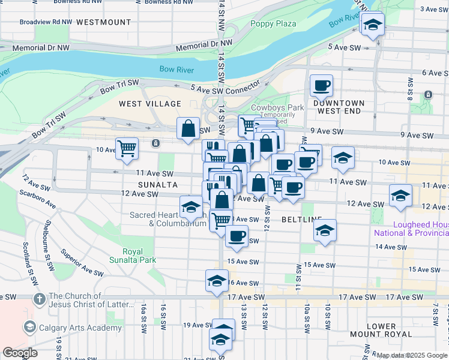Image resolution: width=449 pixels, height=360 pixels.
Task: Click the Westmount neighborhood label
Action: tap(104, 22)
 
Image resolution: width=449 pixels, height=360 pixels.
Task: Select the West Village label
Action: tap(150, 104)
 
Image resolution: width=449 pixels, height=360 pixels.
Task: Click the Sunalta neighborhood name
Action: tap(157, 184)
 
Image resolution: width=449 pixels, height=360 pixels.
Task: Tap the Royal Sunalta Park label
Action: tap(133, 256)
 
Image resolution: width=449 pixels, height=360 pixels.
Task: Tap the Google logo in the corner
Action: tap(20, 353)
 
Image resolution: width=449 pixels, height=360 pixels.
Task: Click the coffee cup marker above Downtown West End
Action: tap(321, 86)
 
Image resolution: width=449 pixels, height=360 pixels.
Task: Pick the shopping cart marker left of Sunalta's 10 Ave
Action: tap(127, 148)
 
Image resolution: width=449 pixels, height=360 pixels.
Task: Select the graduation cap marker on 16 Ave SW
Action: tap(217, 281)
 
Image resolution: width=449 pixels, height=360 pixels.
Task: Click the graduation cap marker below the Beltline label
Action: tap(325, 231)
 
